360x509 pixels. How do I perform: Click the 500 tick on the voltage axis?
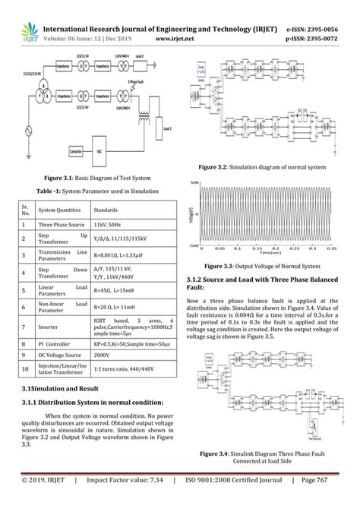coord(194,182)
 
